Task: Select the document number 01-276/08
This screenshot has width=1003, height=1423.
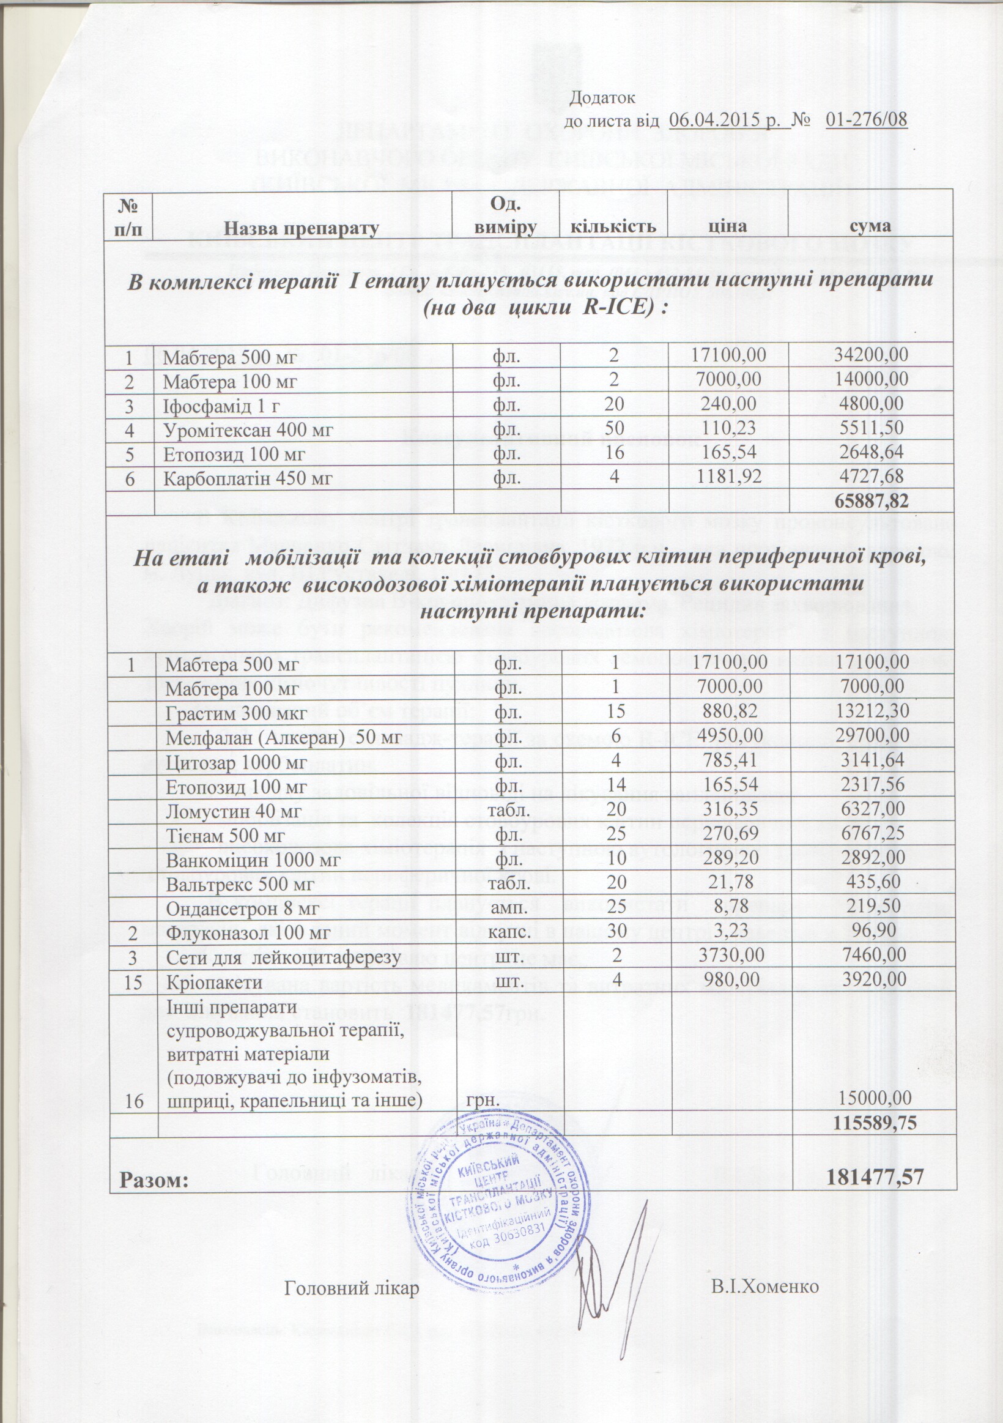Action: coord(867,120)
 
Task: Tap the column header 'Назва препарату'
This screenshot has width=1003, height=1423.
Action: coord(301,228)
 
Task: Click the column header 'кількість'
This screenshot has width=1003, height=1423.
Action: coord(613,226)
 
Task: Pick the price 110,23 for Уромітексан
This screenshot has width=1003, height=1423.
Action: coord(730,428)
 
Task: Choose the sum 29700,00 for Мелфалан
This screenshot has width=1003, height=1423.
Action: coord(872,737)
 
